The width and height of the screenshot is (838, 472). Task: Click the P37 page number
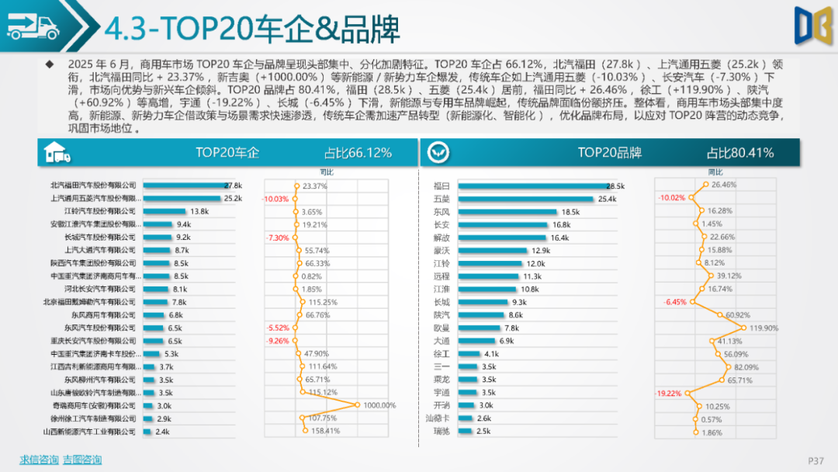pyautogui.click(x=815, y=460)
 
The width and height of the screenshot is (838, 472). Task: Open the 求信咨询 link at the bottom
pyautogui.click(x=39, y=460)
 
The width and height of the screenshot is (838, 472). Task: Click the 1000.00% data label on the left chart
pyautogui.click(x=379, y=405)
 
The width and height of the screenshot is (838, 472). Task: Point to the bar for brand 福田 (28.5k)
pyautogui.click(x=532, y=186)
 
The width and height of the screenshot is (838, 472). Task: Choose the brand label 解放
pyautogui.click(x=442, y=238)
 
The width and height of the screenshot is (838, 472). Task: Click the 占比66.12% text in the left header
pyautogui.click(x=358, y=153)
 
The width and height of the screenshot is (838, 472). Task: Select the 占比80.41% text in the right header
pyautogui.click(x=739, y=153)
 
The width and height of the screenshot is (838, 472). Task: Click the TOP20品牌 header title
pyautogui.click(x=609, y=153)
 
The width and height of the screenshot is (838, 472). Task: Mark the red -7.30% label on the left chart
pyautogui.click(x=277, y=238)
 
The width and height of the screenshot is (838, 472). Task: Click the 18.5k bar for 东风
pyautogui.click(x=507, y=211)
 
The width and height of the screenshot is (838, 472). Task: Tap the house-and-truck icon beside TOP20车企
pyautogui.click(x=57, y=153)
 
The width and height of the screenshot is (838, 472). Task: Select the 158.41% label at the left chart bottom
pyautogui.click(x=326, y=432)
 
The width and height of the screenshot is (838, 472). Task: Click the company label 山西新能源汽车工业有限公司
pyautogui.click(x=89, y=432)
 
